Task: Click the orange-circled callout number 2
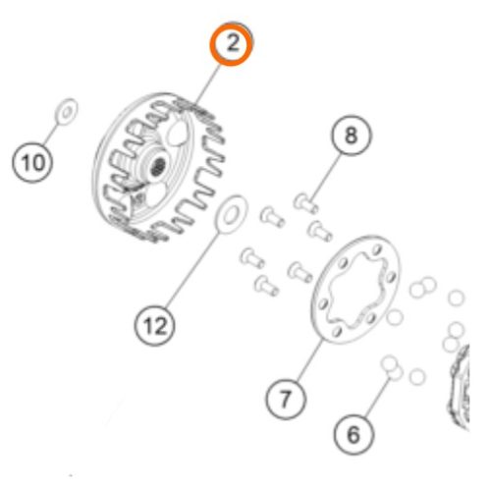click(232, 43)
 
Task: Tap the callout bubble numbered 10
click(32, 162)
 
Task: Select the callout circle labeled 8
click(352, 135)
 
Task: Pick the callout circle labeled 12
click(155, 326)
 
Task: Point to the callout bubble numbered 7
click(286, 400)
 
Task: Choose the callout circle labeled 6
click(355, 435)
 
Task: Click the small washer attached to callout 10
click(67, 112)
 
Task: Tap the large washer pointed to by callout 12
click(231, 215)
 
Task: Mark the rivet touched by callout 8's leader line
click(305, 203)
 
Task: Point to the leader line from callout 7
click(310, 360)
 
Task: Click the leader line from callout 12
click(193, 270)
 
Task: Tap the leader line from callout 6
click(378, 397)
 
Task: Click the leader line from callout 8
click(325, 177)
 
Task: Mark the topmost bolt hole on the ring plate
click(377, 250)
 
